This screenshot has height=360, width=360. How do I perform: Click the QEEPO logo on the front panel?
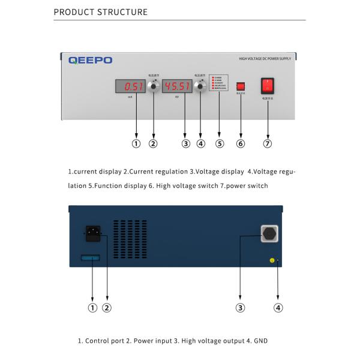[90, 60]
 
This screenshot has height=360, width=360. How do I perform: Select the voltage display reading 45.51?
[176, 86]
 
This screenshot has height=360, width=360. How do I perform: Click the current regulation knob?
[153, 86]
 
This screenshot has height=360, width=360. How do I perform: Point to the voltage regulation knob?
[200, 86]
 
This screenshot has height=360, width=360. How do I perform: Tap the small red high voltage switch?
[241, 86]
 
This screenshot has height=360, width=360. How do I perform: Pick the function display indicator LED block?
[219, 83]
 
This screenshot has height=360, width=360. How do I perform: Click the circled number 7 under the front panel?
[268, 143]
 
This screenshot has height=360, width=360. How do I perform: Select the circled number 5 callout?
[220, 143]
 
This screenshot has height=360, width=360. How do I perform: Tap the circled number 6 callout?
[241, 143]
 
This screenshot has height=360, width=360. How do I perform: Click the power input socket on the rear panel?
[92, 233]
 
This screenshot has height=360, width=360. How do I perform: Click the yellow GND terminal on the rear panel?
[272, 260]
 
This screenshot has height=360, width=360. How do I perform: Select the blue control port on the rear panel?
[90, 258]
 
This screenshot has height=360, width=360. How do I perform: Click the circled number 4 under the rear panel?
[278, 308]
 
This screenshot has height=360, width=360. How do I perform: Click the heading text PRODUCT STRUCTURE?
[100, 12]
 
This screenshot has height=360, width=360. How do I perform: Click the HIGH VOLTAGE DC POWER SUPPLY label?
[265, 59]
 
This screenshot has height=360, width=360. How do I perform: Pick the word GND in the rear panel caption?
[260, 341]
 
